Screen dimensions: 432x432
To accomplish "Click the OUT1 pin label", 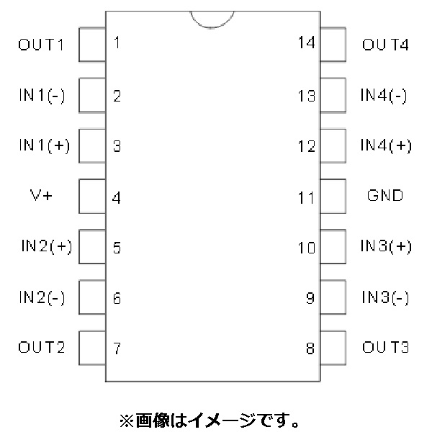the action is (x=41, y=45).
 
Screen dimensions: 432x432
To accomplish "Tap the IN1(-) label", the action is (x=42, y=95).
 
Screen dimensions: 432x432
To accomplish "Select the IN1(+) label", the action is (x=45, y=145).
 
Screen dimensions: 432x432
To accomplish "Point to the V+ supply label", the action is (x=41, y=195).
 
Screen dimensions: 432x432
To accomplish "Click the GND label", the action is (x=385, y=195).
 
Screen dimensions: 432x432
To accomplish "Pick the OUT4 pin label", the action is (x=385, y=45).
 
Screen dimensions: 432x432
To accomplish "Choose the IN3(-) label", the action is (x=385, y=297).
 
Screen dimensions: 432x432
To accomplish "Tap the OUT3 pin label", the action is (x=385, y=347).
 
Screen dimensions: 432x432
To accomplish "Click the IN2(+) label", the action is (x=47, y=246).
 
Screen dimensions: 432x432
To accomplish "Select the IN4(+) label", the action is (x=386, y=145).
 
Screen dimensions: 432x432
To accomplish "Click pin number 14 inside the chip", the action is (x=307, y=42).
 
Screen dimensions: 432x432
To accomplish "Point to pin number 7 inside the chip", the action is (x=117, y=348).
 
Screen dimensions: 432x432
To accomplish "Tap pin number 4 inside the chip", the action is (x=117, y=198).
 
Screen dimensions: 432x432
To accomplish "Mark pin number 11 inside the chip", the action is (x=306, y=198).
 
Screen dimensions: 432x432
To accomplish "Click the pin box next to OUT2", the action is (x=92, y=348).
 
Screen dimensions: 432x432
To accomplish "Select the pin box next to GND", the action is (x=333, y=196).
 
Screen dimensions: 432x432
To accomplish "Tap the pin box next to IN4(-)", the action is (x=333, y=95).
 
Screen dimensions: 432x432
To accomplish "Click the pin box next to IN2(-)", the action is (x=92, y=297).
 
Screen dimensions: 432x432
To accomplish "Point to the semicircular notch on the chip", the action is (x=212, y=27).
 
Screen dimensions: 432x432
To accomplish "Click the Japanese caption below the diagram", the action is (x=210, y=420).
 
